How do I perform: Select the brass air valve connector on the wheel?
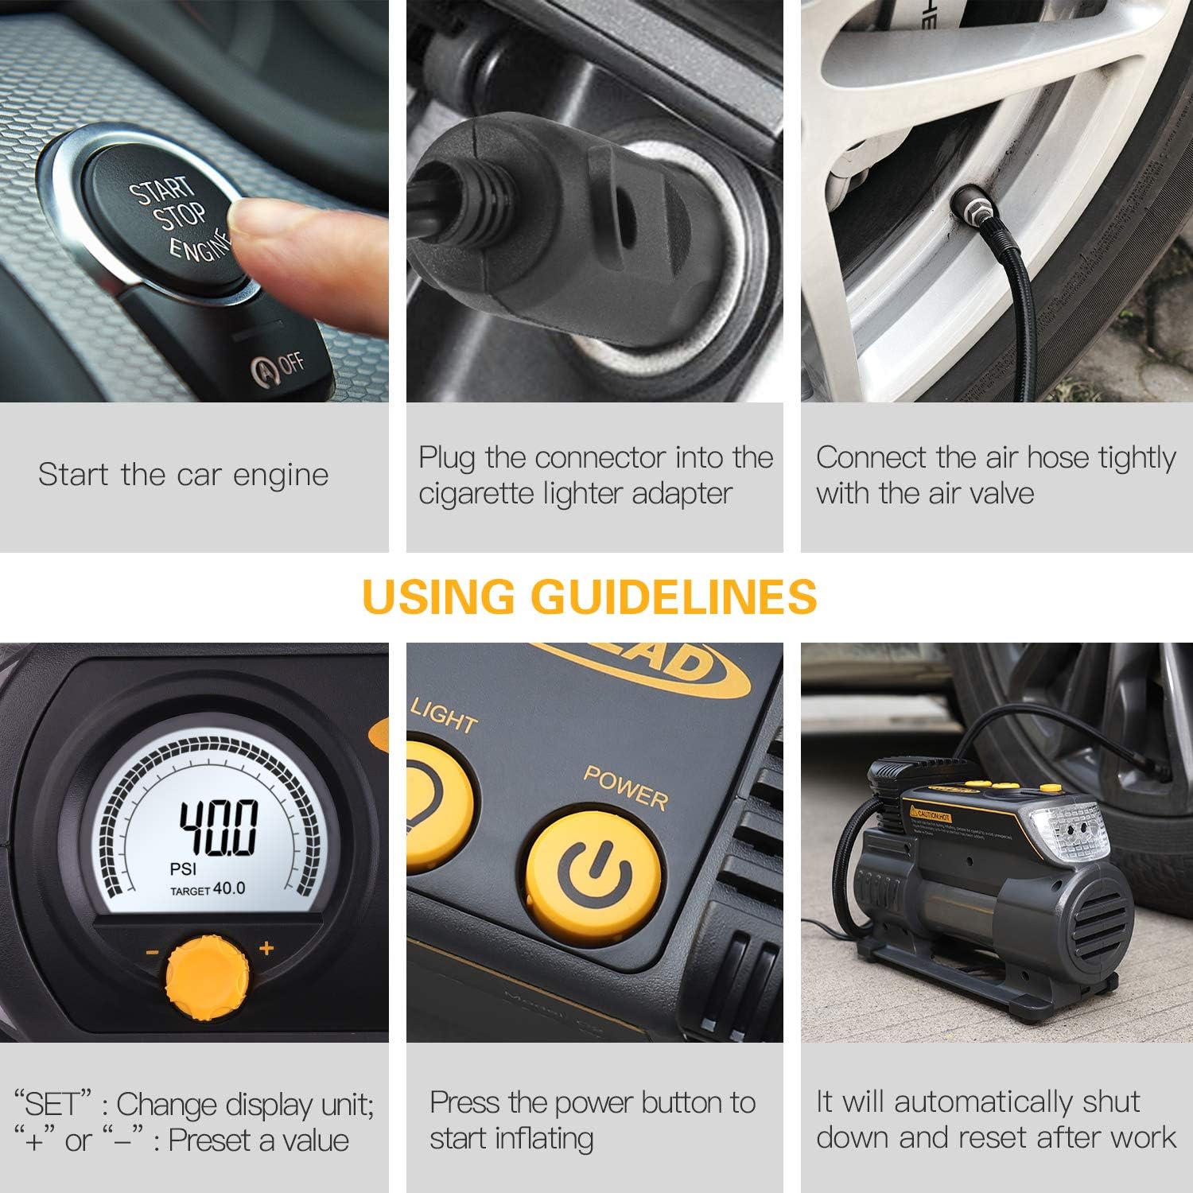click(971, 209)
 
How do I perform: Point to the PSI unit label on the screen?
click(183, 869)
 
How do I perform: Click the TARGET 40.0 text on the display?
click(208, 889)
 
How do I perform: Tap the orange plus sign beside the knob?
click(266, 948)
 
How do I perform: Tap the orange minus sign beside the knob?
click(152, 952)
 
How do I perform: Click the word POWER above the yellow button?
click(625, 787)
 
